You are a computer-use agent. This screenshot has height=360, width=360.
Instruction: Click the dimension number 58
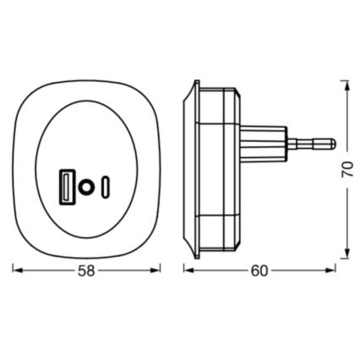click(86, 271)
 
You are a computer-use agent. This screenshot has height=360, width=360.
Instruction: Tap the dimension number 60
click(259, 271)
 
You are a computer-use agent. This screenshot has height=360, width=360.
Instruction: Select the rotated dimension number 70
click(347, 169)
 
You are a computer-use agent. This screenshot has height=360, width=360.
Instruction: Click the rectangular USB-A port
click(67, 187)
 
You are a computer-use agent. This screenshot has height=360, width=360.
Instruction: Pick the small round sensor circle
click(85, 187)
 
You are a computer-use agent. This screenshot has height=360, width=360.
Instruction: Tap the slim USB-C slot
click(106, 188)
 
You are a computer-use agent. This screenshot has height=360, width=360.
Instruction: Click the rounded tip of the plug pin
click(333, 144)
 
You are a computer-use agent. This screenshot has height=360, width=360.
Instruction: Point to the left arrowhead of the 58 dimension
click(18, 270)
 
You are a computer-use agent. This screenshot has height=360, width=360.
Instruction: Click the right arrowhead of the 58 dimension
click(155, 270)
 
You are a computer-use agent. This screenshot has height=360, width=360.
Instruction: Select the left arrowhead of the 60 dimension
click(188, 270)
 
